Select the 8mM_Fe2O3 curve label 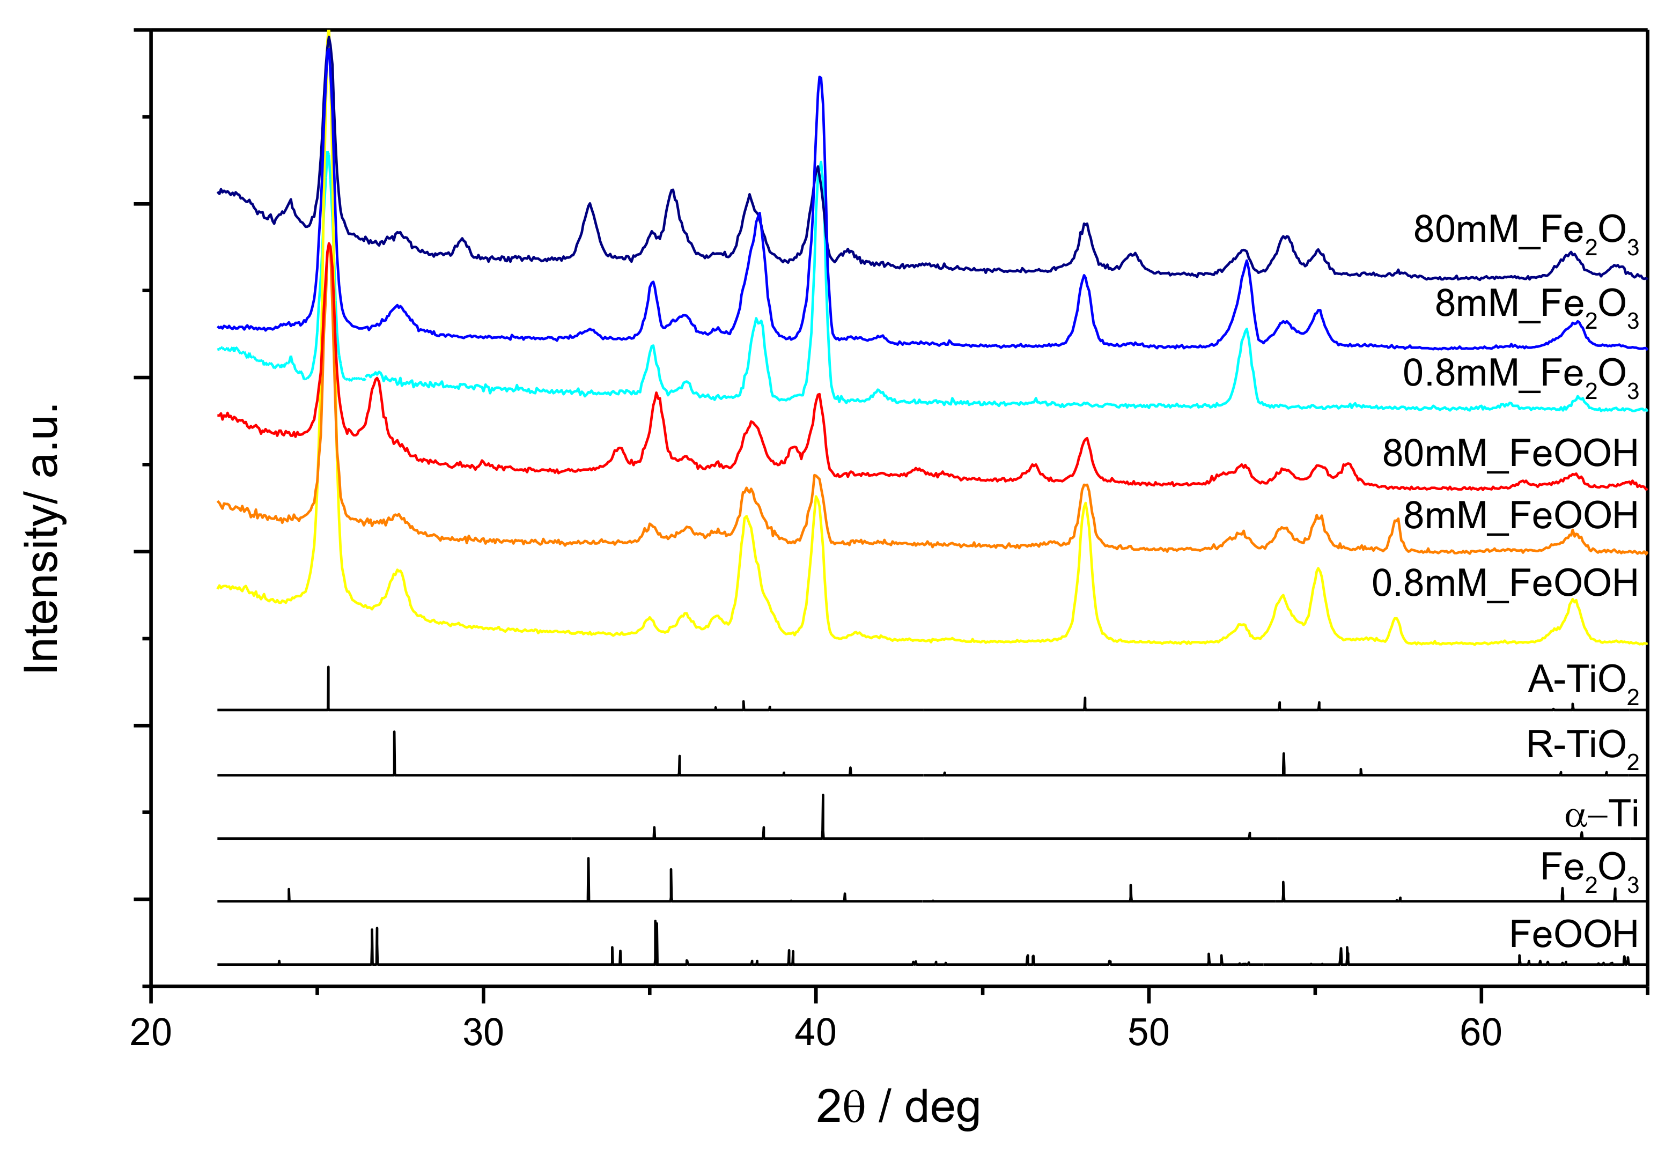(x=1536, y=306)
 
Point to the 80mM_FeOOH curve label (x=1509, y=453)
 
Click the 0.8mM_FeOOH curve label (x=1504, y=583)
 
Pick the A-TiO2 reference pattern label (x=1582, y=682)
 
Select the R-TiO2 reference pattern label (x=1582, y=747)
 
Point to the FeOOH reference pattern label (x=1573, y=935)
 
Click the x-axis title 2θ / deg (x=898, y=1107)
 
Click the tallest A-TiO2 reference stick (x=328, y=687)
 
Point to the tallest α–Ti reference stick (x=823, y=816)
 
